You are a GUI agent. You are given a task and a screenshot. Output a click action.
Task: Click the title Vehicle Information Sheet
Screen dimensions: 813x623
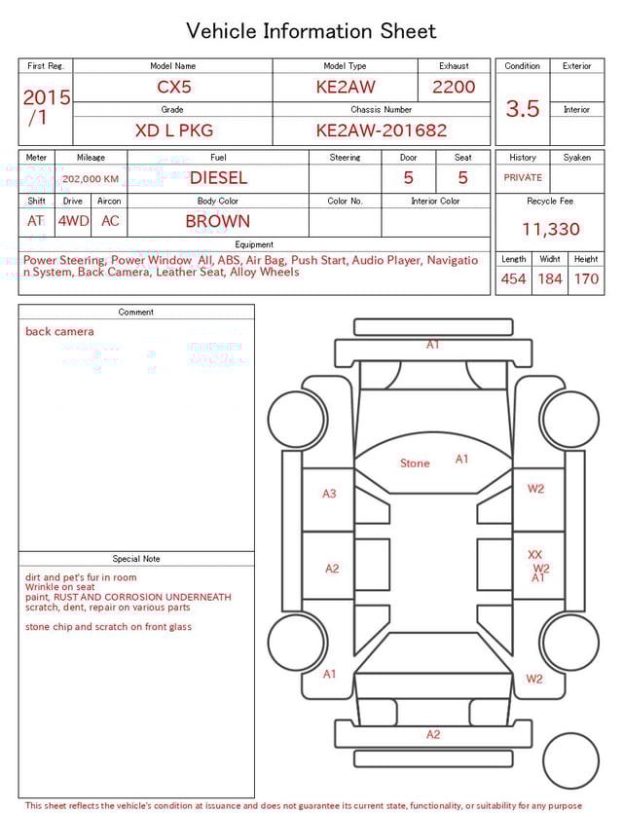(311, 31)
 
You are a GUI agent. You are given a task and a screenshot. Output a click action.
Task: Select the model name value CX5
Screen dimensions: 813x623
(175, 87)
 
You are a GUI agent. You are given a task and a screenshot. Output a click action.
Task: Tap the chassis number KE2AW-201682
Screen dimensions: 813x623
(382, 130)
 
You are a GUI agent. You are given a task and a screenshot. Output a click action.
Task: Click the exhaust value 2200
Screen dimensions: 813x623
(454, 87)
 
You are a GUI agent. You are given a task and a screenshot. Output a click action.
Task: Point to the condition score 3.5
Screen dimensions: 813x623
(523, 109)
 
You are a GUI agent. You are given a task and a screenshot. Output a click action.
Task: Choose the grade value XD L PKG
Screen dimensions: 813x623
(174, 130)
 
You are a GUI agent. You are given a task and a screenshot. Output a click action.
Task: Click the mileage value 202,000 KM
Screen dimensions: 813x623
(90, 179)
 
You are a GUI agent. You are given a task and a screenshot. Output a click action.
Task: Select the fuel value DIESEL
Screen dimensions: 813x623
(218, 178)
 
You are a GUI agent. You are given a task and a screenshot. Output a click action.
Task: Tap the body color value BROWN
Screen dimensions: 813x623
(218, 221)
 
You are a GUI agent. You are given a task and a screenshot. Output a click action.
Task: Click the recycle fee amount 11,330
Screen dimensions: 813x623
(550, 230)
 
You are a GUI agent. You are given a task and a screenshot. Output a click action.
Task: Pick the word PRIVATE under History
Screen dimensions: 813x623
(523, 178)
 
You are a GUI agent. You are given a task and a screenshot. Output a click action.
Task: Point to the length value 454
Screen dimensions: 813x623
(513, 279)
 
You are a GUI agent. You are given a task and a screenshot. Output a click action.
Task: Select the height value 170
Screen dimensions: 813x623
(586, 279)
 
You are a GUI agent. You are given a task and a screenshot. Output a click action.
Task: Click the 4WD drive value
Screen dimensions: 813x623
(73, 221)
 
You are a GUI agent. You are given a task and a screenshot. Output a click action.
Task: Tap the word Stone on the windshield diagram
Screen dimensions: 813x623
(415, 463)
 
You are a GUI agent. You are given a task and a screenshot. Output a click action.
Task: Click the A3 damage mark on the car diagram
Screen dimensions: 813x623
(329, 494)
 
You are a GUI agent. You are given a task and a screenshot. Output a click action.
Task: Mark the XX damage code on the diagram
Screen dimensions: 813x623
(534, 555)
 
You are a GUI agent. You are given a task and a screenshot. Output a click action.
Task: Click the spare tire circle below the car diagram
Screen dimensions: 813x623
(571, 760)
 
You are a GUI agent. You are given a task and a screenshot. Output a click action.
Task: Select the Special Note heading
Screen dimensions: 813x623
(136, 559)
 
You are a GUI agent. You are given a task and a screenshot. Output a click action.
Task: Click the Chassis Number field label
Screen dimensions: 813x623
(382, 110)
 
